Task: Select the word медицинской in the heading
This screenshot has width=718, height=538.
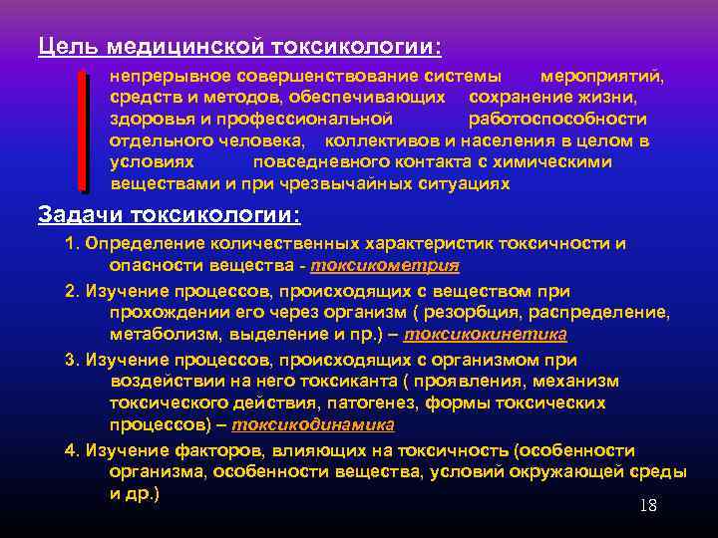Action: pyautogui.click(x=180, y=47)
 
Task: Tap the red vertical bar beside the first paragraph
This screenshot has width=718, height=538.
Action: pyautogui.click(x=83, y=130)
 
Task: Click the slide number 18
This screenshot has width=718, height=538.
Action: pyautogui.click(x=647, y=505)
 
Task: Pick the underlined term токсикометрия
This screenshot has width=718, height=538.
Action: pyautogui.click(x=385, y=265)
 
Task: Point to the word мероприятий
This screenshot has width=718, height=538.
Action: pyautogui.click(x=601, y=76)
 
